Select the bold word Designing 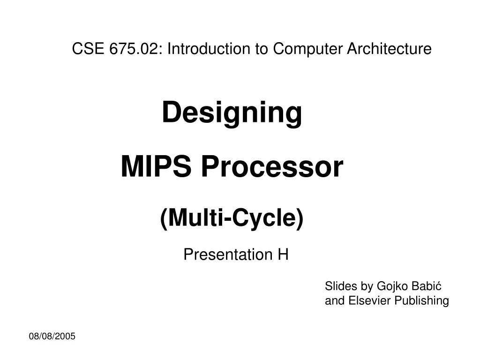[x=232, y=113]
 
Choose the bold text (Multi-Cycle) [x=232, y=218]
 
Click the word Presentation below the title [x=224, y=255]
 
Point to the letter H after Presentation [x=283, y=255]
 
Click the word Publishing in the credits [x=421, y=300]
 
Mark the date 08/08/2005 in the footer [x=52, y=336]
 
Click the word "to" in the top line [x=261, y=49]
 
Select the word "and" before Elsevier [x=335, y=300]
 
